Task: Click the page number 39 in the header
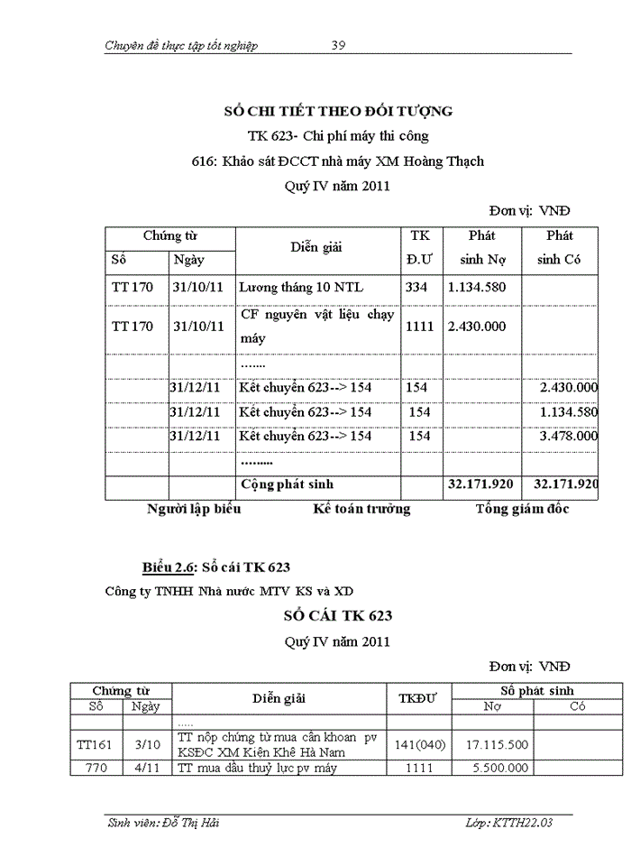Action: click(339, 45)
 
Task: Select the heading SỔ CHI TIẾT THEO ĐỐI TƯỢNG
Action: click(338, 111)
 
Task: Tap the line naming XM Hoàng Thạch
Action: click(338, 161)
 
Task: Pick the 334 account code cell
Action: click(416, 288)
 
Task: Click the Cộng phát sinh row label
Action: click(287, 484)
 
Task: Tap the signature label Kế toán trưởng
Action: click(361, 509)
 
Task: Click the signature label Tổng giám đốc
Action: click(522, 509)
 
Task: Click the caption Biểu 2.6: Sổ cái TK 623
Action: click(216, 567)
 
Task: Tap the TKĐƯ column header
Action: click(417, 698)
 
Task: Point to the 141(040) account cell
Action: click(417, 745)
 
